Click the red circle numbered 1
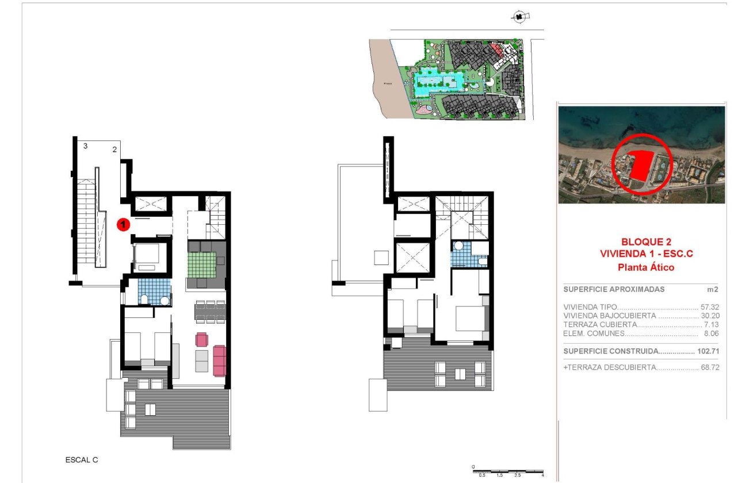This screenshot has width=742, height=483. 122,225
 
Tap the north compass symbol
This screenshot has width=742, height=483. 520,17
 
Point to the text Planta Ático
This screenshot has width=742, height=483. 645,267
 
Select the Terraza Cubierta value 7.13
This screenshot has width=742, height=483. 713,324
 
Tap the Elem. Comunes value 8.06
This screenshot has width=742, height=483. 713,333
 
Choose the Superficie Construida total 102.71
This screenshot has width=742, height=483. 709,351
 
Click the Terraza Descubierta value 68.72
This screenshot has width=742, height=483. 711,367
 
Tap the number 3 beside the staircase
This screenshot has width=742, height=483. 85,146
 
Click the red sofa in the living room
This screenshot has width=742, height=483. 220,360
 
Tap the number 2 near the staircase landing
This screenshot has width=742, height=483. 114,149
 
